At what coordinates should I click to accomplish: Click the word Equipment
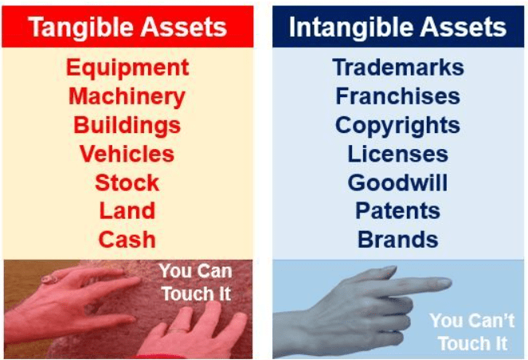127,68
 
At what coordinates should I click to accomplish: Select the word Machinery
127,96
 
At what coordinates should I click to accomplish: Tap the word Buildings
127,125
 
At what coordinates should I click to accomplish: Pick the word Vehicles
127,154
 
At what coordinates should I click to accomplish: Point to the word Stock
127,182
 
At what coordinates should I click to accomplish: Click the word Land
127,211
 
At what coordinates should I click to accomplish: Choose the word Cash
127,239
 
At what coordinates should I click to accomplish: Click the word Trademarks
397,68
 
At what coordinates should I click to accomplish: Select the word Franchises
397,96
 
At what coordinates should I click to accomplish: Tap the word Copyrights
397,125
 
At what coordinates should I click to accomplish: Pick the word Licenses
397,154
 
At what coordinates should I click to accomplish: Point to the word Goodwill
397,182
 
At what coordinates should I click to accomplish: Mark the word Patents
397,211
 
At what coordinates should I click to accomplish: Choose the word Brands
397,239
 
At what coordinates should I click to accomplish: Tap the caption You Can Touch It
196,282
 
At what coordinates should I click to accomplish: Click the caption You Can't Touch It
467,332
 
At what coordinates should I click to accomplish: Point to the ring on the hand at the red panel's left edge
47,280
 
